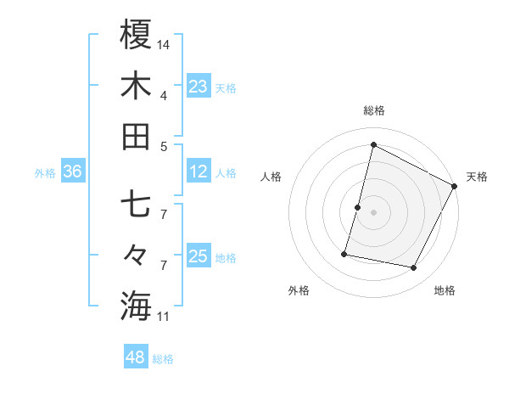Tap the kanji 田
(136, 136)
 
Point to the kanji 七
(136, 205)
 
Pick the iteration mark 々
(136, 254)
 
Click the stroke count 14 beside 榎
(164, 43)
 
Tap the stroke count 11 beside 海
(164, 317)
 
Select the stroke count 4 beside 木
(164, 94)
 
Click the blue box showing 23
(198, 87)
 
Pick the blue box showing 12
(198, 172)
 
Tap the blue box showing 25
(198, 257)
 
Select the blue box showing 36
(73, 172)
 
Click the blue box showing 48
(136, 357)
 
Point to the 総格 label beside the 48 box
(163, 359)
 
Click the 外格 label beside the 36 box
(45, 173)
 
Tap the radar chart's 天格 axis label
(477, 177)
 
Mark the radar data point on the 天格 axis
(455, 186)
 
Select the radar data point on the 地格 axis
(414, 268)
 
